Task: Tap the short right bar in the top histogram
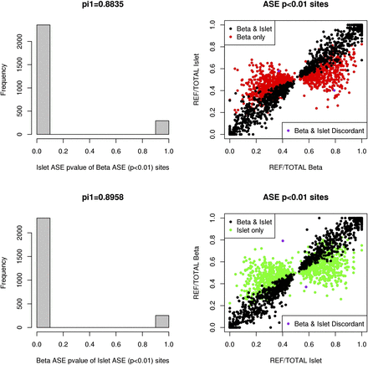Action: coord(162,126)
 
